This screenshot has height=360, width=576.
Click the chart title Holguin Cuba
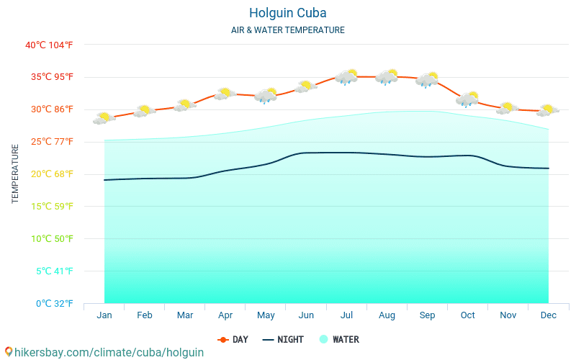point(287,13)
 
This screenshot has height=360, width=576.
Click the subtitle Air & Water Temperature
point(287,30)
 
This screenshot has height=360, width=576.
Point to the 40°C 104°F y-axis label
point(49,45)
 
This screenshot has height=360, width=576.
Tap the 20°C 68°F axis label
point(49,174)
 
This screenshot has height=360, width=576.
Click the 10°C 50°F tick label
point(49,238)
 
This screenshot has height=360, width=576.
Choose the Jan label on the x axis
point(104,315)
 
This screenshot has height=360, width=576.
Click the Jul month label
point(346,315)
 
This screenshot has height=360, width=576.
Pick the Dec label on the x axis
point(548,315)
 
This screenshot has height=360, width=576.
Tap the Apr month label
point(225,315)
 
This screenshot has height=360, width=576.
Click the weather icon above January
point(104,118)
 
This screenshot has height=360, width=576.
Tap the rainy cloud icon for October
point(467,99)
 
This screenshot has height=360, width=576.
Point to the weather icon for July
point(346,77)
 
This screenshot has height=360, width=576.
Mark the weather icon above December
point(548,111)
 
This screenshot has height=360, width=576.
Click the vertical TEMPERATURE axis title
point(15,174)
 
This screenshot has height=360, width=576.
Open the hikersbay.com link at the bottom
point(109,353)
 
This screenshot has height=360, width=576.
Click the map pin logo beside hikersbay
point(8,352)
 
